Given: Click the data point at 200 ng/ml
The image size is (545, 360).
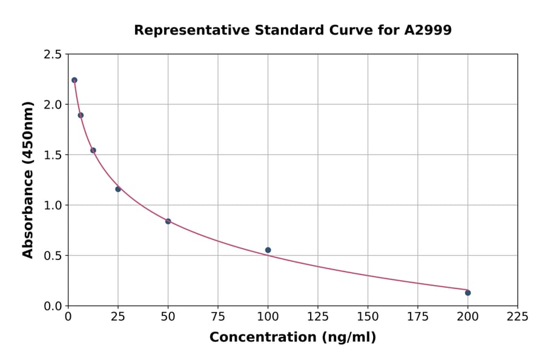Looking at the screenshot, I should pyautogui.click(x=467, y=293).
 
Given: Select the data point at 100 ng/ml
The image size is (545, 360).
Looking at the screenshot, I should pyautogui.click(x=268, y=250).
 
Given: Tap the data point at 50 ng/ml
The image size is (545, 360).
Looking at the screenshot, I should pyautogui.click(x=168, y=221).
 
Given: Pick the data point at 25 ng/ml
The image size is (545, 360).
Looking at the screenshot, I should pyautogui.click(x=118, y=189).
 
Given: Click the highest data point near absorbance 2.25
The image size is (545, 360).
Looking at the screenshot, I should pyautogui.click(x=74, y=80).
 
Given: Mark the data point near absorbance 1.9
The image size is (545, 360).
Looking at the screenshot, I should pyautogui.click(x=81, y=115).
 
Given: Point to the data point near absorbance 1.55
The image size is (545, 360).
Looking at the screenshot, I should pyautogui.click(x=93, y=150).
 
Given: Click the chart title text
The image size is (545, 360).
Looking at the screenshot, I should pyautogui.click(x=292, y=30).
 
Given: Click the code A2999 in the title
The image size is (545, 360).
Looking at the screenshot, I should pyautogui.click(x=428, y=30).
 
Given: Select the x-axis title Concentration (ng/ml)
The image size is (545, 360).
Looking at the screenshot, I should pyautogui.click(x=292, y=338).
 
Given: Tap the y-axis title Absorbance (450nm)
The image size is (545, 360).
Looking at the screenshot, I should pyautogui.click(x=28, y=180).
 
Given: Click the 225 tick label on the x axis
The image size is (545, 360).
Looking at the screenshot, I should pyautogui.click(x=517, y=316).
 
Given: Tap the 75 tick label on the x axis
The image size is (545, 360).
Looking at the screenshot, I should pyautogui.click(x=218, y=316).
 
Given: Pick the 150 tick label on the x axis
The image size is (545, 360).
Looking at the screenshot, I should pyautogui.click(x=368, y=316).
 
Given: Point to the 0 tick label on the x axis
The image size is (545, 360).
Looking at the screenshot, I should pyautogui.click(x=68, y=316).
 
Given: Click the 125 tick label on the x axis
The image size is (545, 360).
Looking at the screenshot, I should pyautogui.click(x=318, y=316).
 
